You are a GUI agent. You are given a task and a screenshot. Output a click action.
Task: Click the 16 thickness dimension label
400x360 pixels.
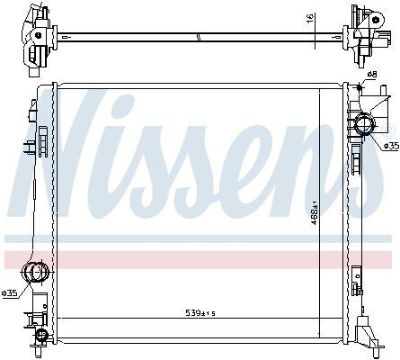coord(310,17)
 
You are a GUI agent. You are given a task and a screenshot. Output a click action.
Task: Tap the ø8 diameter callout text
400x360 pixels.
coord(371,74)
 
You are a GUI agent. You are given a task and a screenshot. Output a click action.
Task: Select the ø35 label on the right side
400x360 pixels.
coord(392,146)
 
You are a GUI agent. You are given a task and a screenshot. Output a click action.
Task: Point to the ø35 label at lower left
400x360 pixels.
coord(9,293)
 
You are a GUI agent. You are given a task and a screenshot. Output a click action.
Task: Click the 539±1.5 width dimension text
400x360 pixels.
coord(200,313)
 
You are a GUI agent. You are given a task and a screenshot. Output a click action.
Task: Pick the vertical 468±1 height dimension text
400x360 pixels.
coord(314,212)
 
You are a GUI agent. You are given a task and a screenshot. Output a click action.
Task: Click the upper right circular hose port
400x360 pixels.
coord(365,125)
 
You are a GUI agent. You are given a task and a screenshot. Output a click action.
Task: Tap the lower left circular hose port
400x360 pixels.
coord(35,272)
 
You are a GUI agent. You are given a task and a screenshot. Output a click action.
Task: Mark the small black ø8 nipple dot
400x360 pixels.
coord(360,87)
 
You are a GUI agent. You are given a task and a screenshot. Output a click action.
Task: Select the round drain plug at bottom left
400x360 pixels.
coord(41,334)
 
